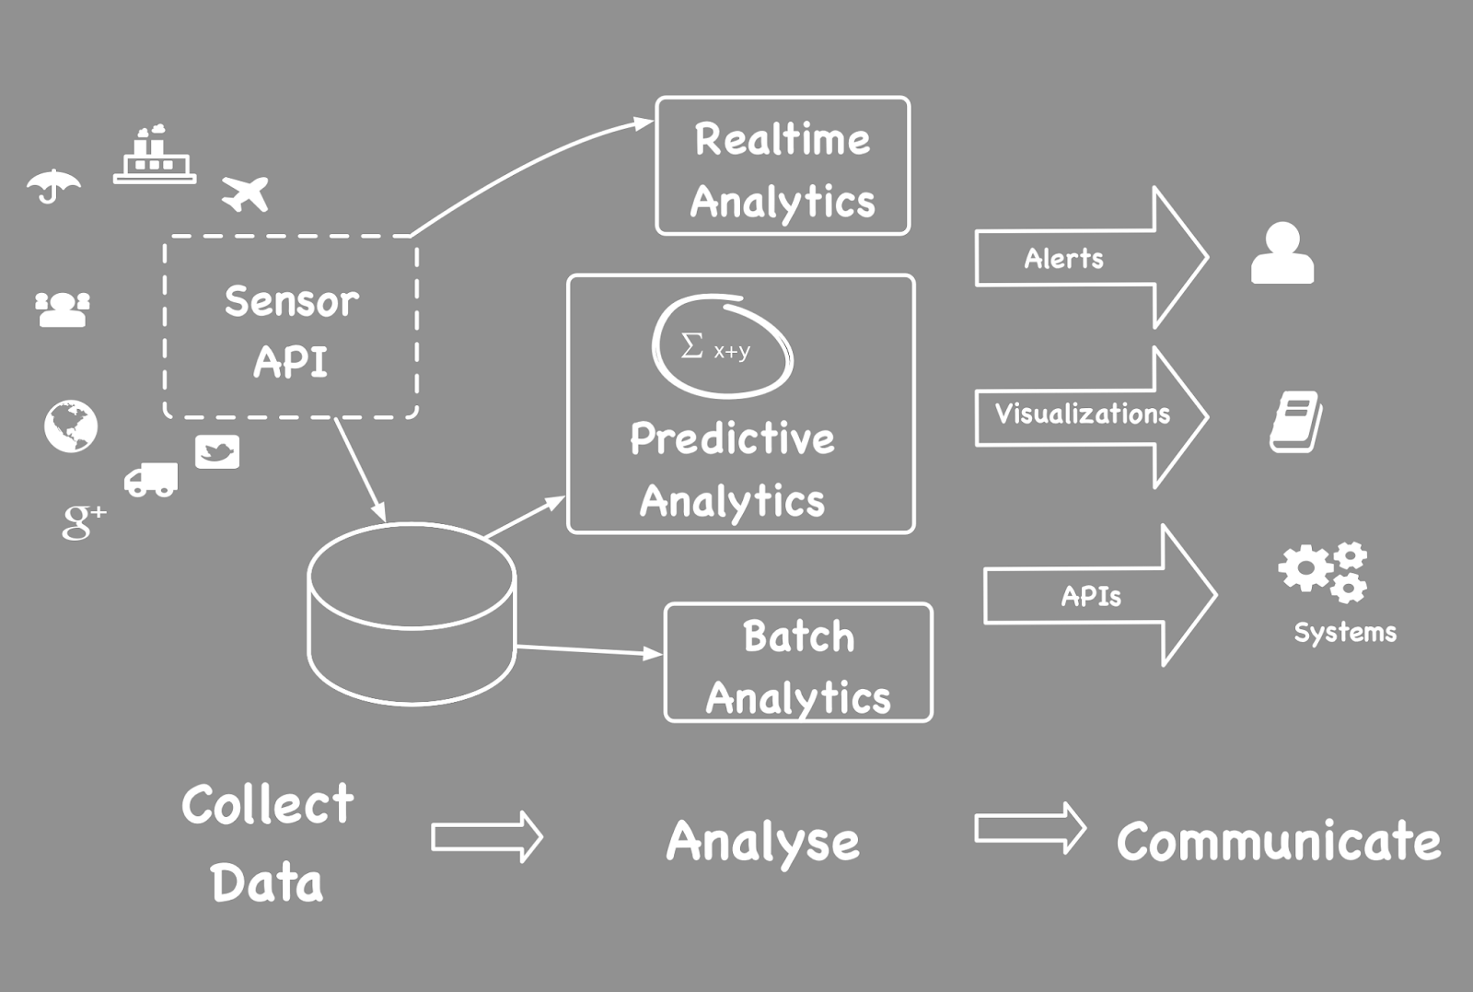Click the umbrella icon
[x=53, y=186]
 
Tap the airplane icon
[x=246, y=193]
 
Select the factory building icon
[x=155, y=156]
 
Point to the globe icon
[x=71, y=426]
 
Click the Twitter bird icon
[x=217, y=451]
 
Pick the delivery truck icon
[x=151, y=480]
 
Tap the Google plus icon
[x=83, y=520]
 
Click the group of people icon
[x=63, y=309]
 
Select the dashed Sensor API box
[x=291, y=328]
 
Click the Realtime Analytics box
[x=783, y=167]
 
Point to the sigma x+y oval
[x=722, y=346]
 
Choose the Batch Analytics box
[x=798, y=663]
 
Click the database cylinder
[x=412, y=614]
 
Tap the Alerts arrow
[x=1090, y=259]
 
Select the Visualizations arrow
[x=1090, y=415]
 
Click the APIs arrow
[x=1099, y=596]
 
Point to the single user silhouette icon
[x=1282, y=253]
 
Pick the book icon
[x=1296, y=422]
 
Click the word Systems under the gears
[x=1345, y=633]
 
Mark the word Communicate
[x=1279, y=841]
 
